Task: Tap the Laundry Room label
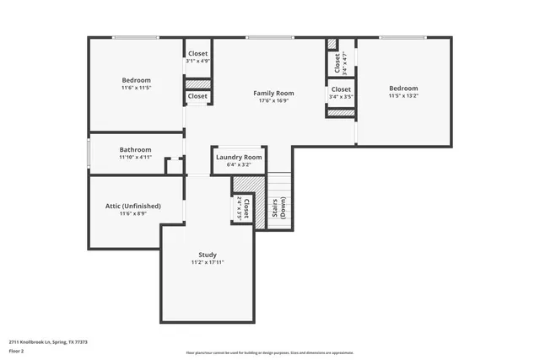pos(239,158)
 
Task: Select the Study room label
pos(208,255)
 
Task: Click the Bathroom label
pos(134,148)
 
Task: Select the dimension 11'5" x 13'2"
pos(402,96)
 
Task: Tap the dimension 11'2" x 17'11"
pos(208,263)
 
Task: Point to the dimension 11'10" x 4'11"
pos(134,157)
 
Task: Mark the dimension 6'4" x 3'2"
pos(239,165)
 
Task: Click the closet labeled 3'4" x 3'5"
pos(341,93)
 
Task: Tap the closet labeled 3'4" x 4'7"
pos(341,62)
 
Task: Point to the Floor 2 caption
pos(17,351)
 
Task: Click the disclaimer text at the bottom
pos(270,352)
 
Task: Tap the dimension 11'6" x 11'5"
pos(136,88)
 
